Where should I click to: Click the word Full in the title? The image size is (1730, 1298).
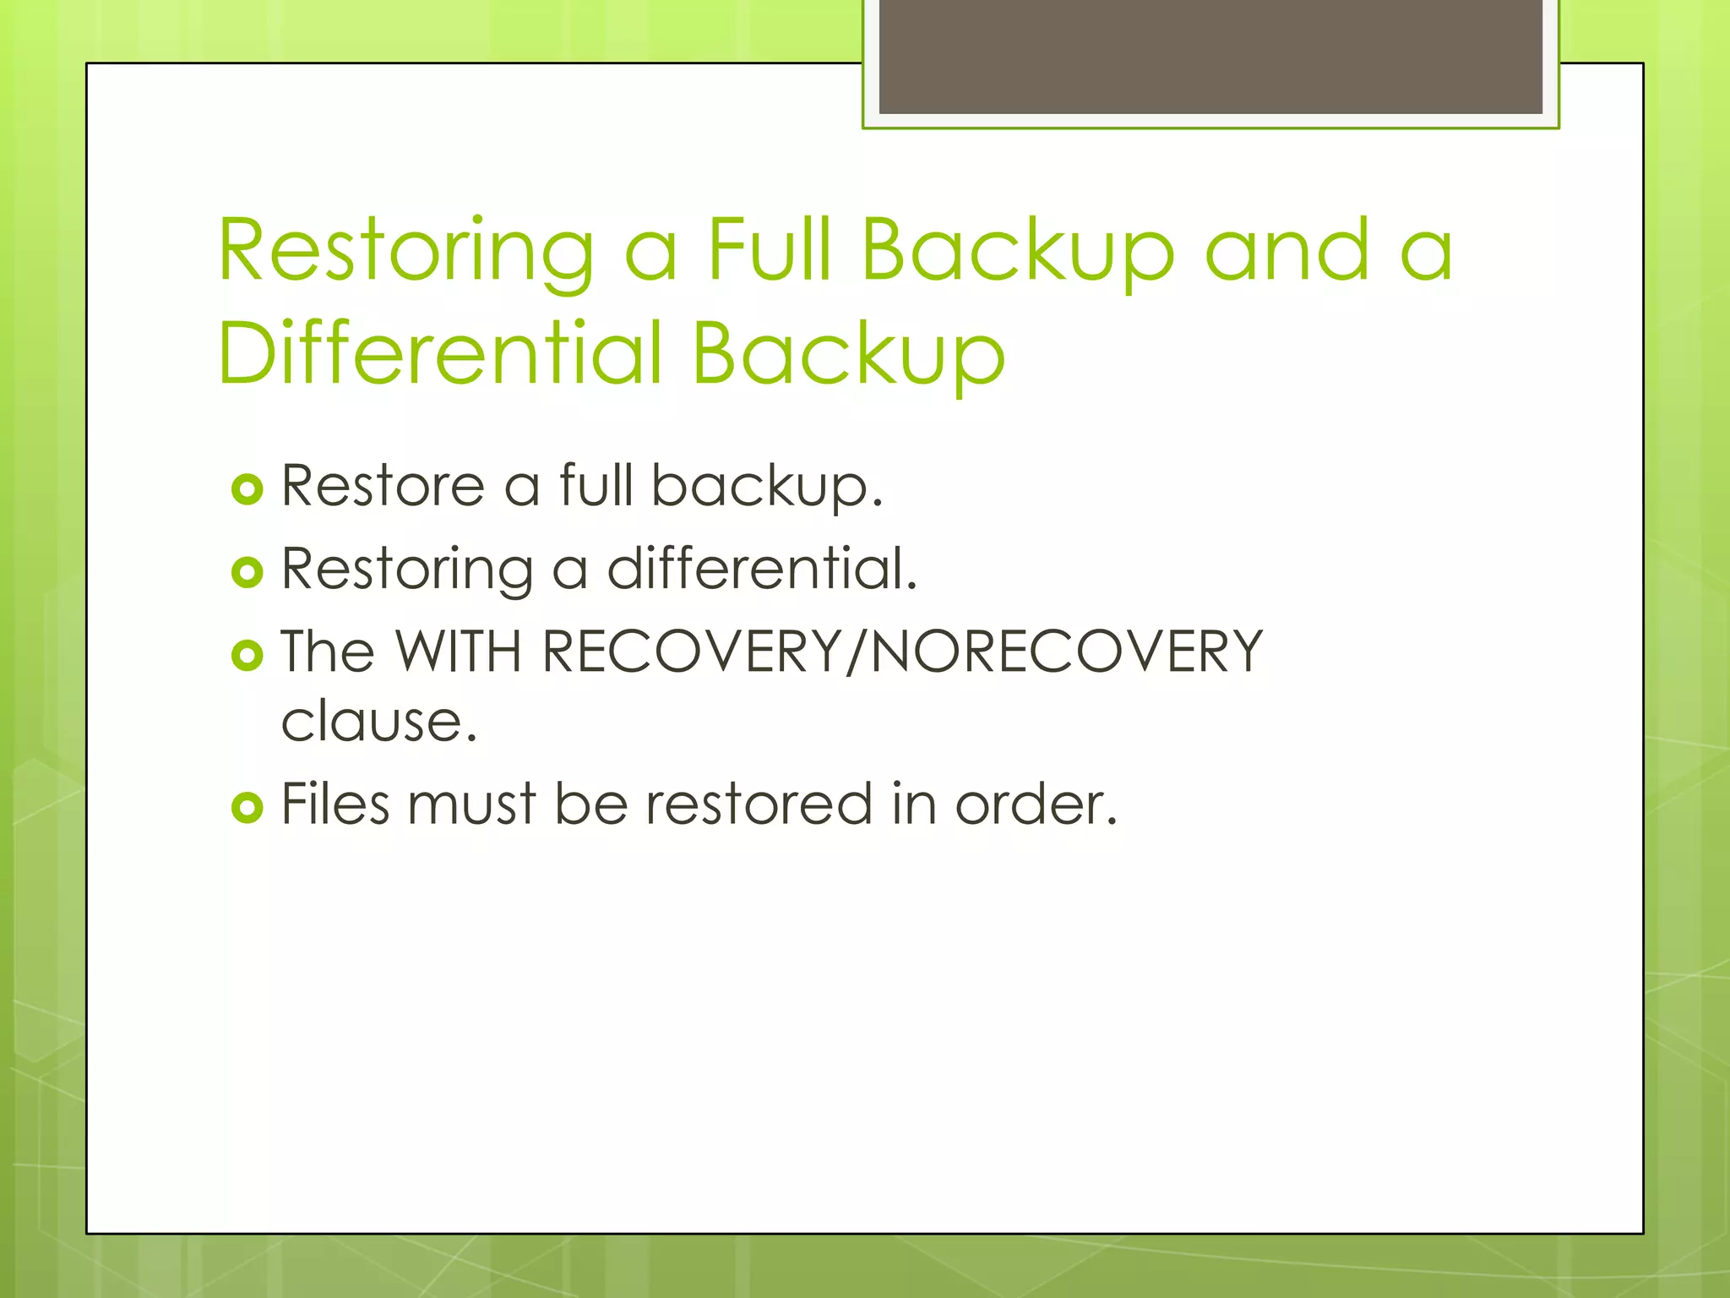click(x=769, y=250)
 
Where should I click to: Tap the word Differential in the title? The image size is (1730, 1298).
click(x=439, y=352)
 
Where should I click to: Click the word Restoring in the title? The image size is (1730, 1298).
click(x=406, y=250)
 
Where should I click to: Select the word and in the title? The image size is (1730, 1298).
click(x=1287, y=250)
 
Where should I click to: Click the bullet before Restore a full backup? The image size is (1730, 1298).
click(x=247, y=489)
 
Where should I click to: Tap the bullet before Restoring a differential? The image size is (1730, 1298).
click(x=247, y=572)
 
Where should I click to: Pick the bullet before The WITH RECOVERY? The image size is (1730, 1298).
click(x=247, y=655)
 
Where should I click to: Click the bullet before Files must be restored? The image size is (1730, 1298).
click(x=247, y=807)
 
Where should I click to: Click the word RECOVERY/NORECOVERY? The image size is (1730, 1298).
click(x=901, y=652)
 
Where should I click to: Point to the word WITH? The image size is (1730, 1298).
click(x=459, y=652)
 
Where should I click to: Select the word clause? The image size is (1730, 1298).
click(x=378, y=722)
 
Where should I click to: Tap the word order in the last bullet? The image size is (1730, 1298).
click(x=1035, y=804)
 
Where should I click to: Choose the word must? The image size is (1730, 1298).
click(x=471, y=804)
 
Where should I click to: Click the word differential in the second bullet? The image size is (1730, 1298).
click(x=761, y=569)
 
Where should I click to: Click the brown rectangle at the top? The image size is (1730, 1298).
click(x=1210, y=56)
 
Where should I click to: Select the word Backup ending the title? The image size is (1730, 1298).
click(x=848, y=352)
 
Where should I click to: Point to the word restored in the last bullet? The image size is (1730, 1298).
click(x=759, y=804)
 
